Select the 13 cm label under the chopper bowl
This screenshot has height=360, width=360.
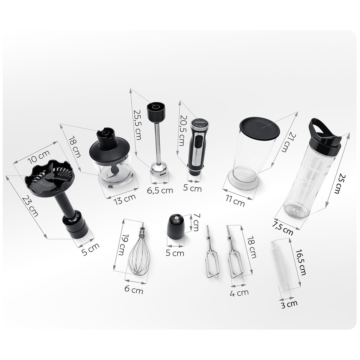pyautogui.click(x=125, y=199)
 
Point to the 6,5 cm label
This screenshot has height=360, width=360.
pyautogui.click(x=160, y=190)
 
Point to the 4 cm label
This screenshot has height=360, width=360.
pyautogui.click(x=239, y=293)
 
